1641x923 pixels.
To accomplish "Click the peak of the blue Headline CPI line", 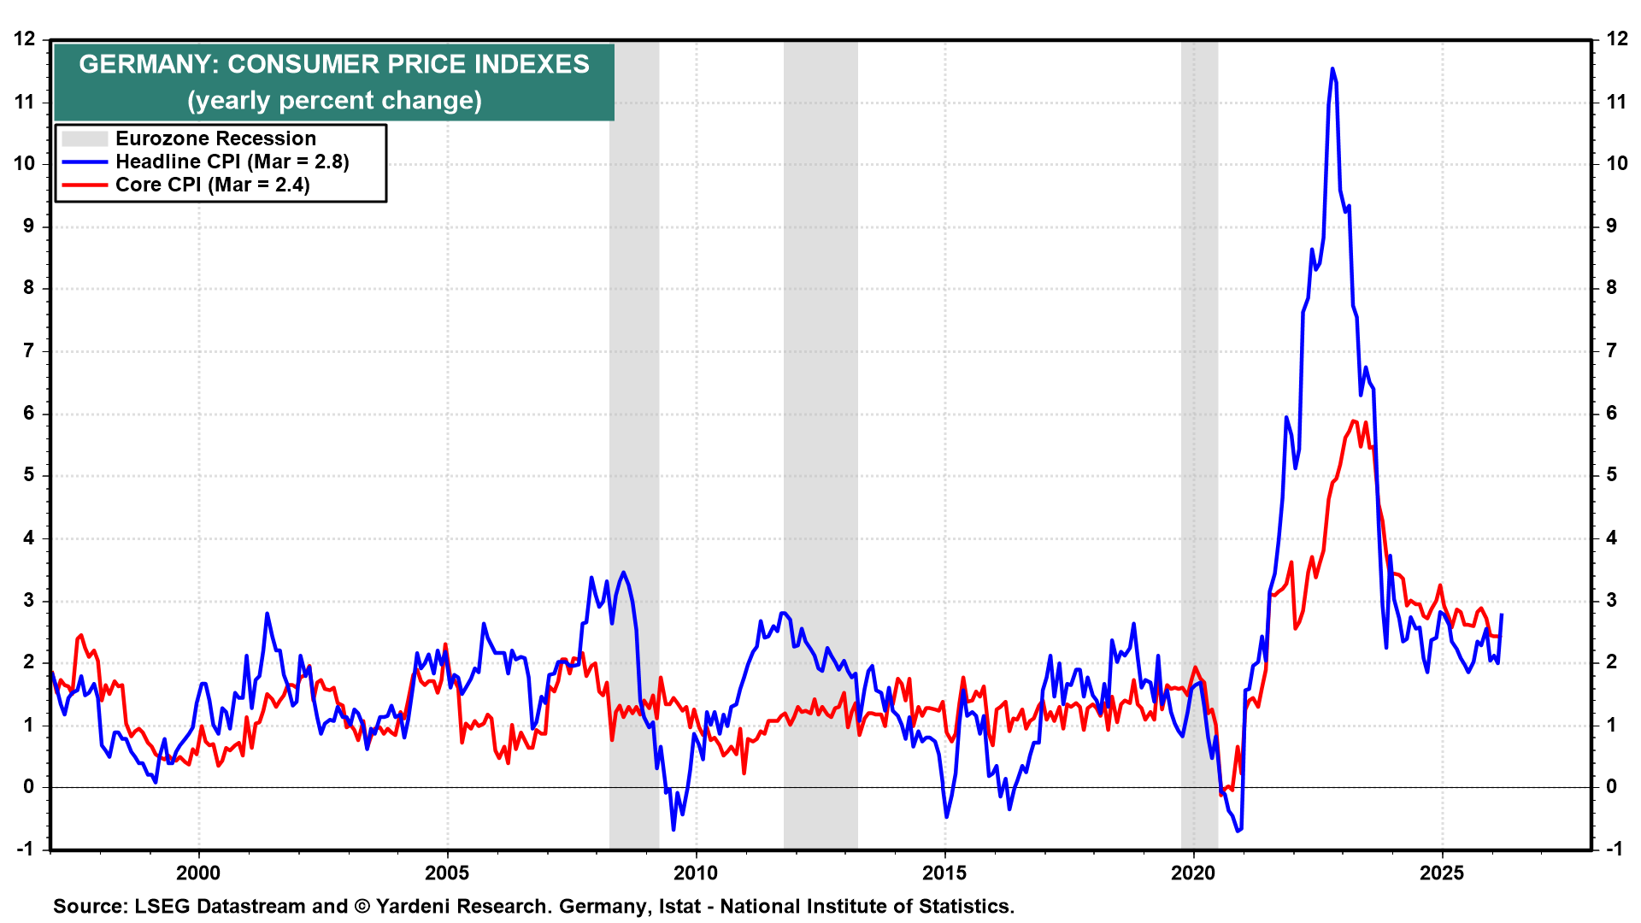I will point(1332,69).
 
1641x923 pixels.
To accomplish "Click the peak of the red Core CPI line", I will point(1354,420).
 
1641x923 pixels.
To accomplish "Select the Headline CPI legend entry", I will point(232,162).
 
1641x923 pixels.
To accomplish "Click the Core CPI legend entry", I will point(212,185).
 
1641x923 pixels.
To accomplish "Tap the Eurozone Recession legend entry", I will point(215,138).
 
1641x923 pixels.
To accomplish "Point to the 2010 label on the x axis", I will point(696,873).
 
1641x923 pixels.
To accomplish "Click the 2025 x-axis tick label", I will point(1442,873).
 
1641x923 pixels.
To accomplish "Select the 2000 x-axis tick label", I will point(198,873).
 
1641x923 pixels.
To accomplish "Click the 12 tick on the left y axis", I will point(25,38).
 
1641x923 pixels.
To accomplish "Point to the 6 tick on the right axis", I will point(1611,413).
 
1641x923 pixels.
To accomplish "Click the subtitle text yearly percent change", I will point(334,100).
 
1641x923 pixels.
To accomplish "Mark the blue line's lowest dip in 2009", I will point(673,829).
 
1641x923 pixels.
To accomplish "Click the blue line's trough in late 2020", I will point(1237,831).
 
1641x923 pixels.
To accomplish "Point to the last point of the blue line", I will point(1502,614).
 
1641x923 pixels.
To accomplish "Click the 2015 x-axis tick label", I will point(944,873).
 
